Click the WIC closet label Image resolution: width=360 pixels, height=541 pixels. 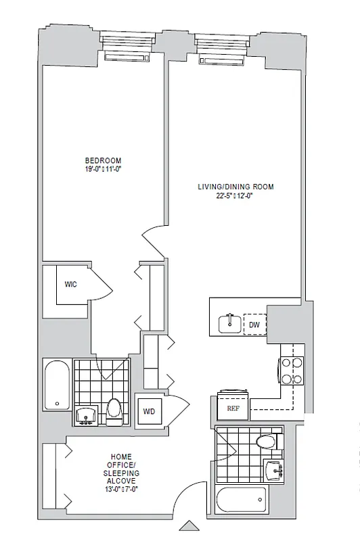(x=70, y=285)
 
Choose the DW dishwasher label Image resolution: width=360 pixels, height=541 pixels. (x=254, y=325)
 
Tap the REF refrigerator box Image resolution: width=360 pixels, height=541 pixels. (x=233, y=408)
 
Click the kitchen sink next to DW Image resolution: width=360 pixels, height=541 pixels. (x=230, y=324)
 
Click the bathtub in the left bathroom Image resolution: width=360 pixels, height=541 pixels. (x=56, y=386)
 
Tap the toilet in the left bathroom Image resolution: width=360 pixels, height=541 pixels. (x=114, y=409)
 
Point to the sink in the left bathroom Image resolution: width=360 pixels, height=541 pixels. (x=86, y=415)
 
